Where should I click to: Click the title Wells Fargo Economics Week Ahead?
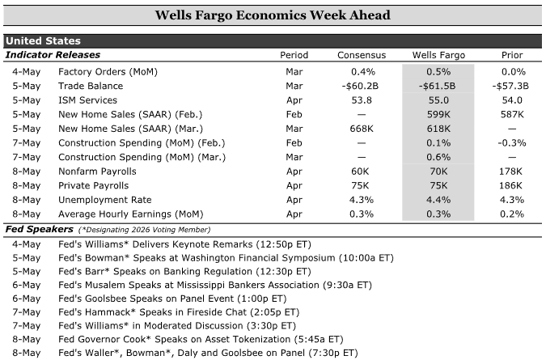tap(273, 15)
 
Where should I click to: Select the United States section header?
tap(43, 41)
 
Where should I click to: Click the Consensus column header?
tap(362, 55)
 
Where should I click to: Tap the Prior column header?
tap(512, 55)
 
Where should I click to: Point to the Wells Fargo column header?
tap(438, 55)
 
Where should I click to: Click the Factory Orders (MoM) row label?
tap(108, 72)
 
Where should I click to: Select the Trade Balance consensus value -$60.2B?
tap(360, 86)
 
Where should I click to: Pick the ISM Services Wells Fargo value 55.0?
tap(438, 100)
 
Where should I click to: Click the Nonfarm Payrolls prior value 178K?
tap(510, 172)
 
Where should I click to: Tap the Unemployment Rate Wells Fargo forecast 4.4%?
tap(438, 200)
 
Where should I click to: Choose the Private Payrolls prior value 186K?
tap(510, 185)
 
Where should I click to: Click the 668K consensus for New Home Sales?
tap(362, 129)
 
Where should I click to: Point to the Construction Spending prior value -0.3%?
tap(512, 143)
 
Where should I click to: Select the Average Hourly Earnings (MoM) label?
tap(130, 214)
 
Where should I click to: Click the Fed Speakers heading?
tap(40, 229)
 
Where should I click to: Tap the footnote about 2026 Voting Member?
tap(145, 230)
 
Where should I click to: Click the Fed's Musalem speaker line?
tap(215, 285)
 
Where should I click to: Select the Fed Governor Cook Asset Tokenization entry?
tap(201, 340)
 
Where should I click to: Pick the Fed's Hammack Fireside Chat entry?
tap(179, 312)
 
